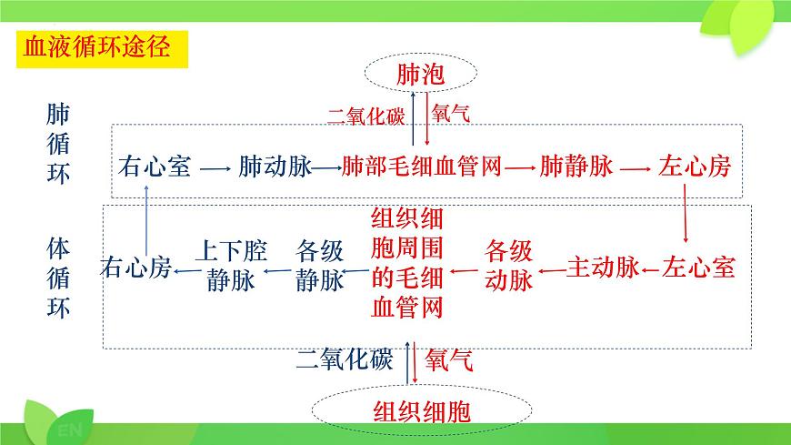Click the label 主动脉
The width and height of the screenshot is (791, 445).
coord(602,268)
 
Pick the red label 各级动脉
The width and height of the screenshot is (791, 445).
coord(508,265)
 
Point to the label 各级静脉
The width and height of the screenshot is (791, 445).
coord(319,265)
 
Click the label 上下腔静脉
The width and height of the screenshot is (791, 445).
coord(231,265)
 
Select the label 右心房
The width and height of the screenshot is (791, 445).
coord(136,268)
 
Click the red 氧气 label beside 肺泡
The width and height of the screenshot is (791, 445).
coord(452,115)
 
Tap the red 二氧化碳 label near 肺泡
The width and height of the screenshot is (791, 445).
coord(367,116)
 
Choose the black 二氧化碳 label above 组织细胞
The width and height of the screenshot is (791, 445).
coord(344,359)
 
